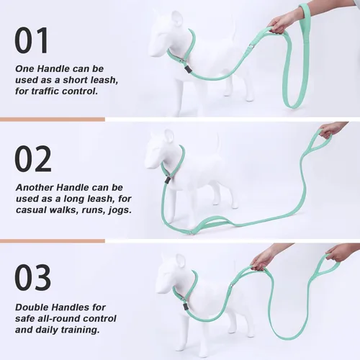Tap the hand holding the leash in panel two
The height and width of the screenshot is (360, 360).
(x=333, y=130)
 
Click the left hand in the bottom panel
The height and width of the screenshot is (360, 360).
(x=264, y=256)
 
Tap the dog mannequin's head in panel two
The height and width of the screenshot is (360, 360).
(x=160, y=150)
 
